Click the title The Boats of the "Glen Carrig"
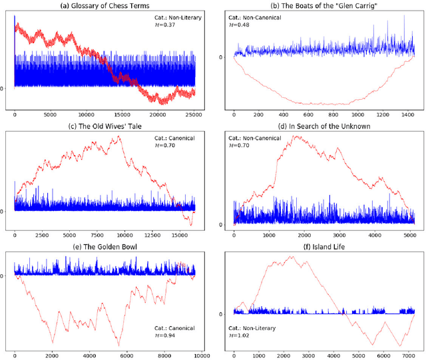pos(323,7)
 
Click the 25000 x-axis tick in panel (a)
pos(194,114)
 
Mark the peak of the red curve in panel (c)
pos(119,136)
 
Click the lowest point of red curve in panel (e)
pos(120,345)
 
